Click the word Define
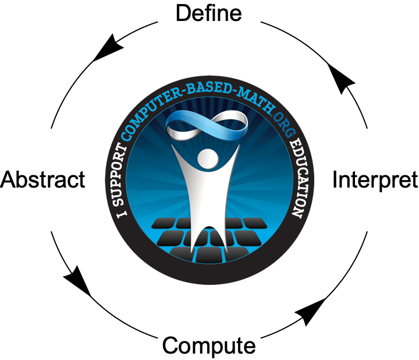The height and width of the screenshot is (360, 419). point(208,13)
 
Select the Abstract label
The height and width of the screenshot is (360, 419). point(43,179)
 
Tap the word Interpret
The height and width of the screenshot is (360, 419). point(374,180)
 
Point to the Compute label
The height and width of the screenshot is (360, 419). point(208,345)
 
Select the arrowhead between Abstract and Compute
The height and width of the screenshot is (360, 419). point(77,282)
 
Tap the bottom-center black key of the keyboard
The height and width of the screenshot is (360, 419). point(209,254)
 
